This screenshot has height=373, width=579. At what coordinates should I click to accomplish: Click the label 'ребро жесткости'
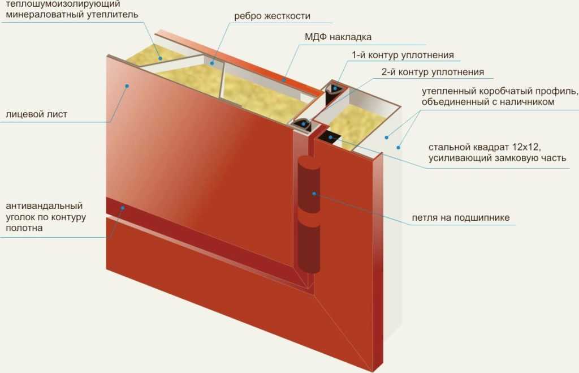pyautogui.click(x=272, y=16)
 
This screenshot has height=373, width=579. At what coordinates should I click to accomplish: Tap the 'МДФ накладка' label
pyautogui.click(x=338, y=37)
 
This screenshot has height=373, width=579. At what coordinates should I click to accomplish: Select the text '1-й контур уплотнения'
pyautogui.click(x=403, y=55)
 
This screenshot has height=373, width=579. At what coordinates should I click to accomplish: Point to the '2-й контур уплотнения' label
pyautogui.click(x=433, y=72)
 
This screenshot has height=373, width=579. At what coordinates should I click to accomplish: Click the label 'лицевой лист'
pyautogui.click(x=37, y=114)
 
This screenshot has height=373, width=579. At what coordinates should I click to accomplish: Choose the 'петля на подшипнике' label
pyautogui.click(x=460, y=218)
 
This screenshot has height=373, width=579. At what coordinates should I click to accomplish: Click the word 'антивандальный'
pyautogui.click(x=44, y=205)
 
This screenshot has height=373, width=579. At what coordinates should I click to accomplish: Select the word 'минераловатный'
pyautogui.click(x=44, y=15)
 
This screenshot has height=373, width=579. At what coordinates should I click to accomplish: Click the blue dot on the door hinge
pyautogui.click(x=314, y=194)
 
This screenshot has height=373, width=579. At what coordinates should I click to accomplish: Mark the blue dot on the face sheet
pyautogui.click(x=127, y=86)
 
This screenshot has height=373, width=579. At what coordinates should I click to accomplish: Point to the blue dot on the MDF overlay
pyautogui.click(x=284, y=79)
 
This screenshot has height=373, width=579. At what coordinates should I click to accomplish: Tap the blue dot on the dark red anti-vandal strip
pyautogui.click(x=122, y=208)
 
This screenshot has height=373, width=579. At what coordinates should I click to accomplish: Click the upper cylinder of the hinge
pyautogui.click(x=309, y=185)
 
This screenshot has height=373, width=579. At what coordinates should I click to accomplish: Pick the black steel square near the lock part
pyautogui.click(x=330, y=138)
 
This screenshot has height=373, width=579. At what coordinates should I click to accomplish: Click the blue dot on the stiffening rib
pyautogui.click(x=212, y=63)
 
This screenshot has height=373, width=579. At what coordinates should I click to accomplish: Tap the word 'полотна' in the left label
pyautogui.click(x=24, y=228)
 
